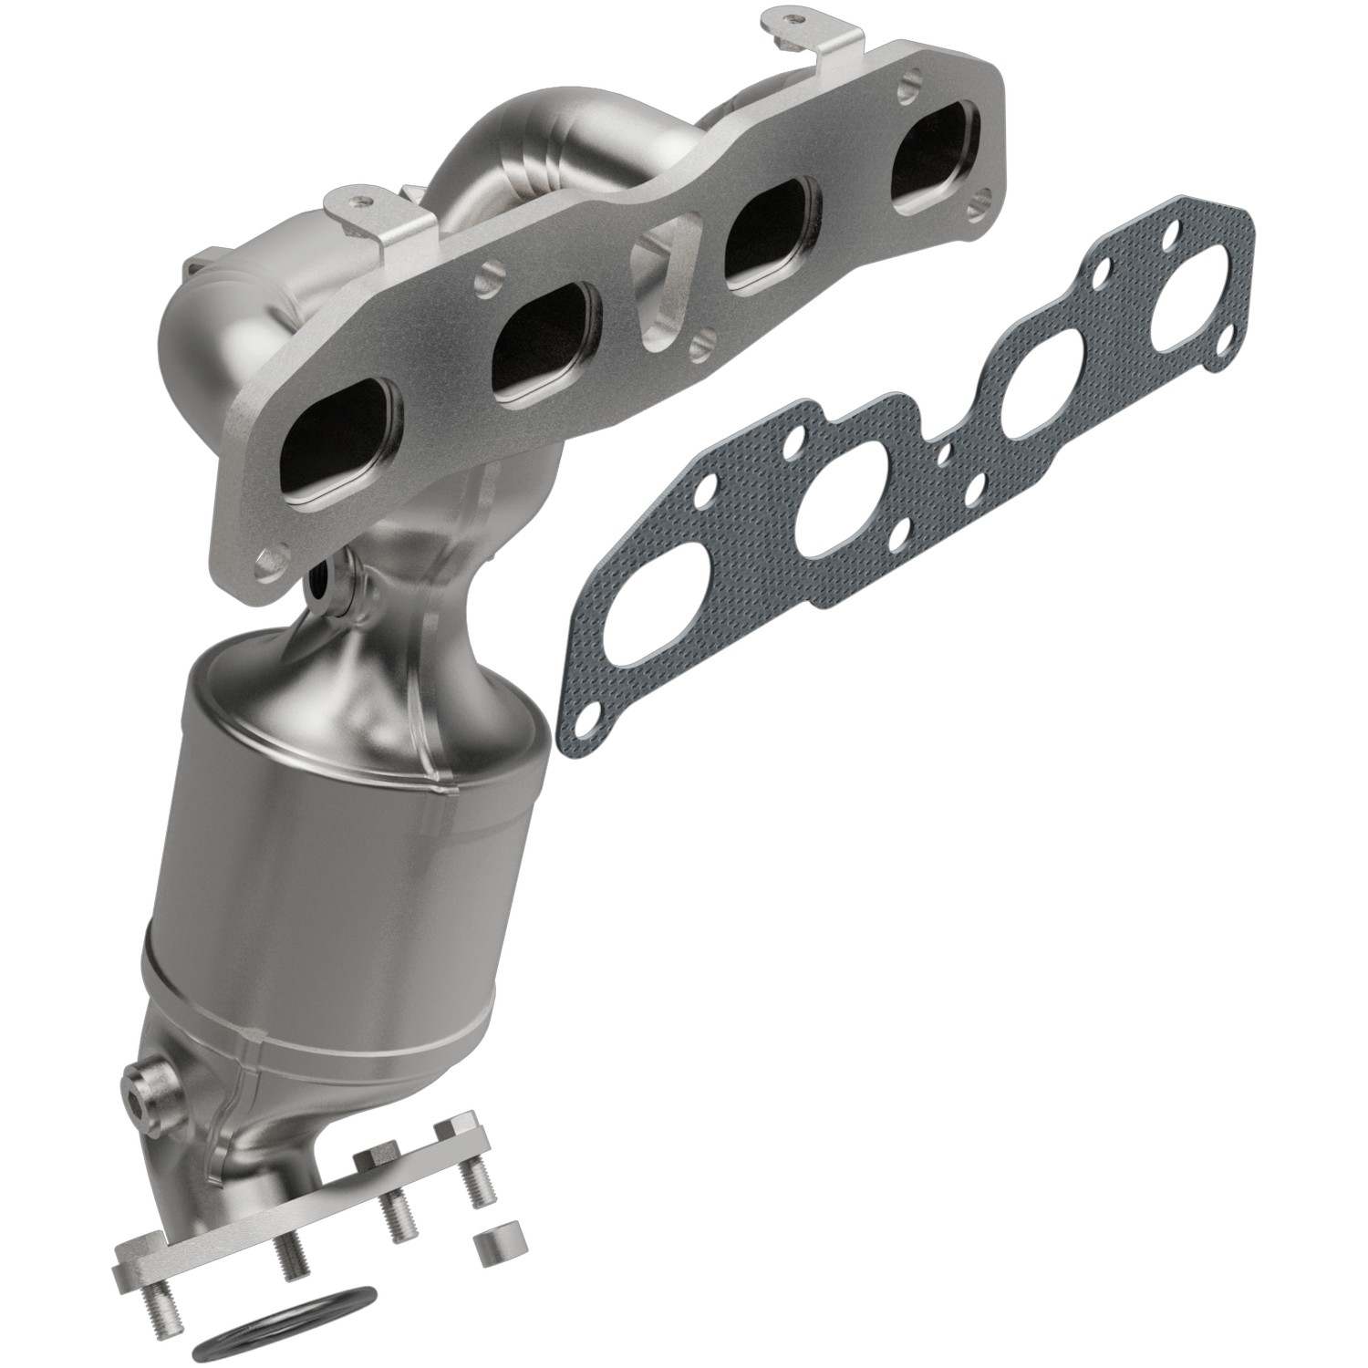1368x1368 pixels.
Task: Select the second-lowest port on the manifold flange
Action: click(x=544, y=345)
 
